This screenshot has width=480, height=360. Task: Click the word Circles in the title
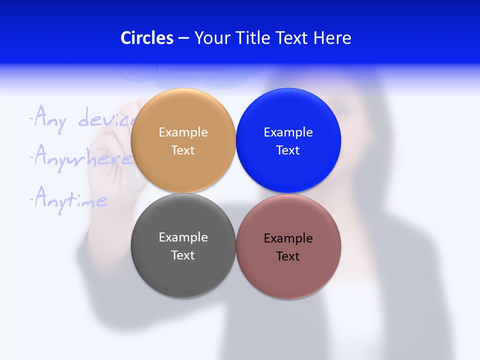pyautogui.click(x=146, y=38)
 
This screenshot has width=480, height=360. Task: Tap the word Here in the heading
pyautogui.click(x=332, y=38)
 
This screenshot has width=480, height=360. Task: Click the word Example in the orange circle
pyautogui.click(x=183, y=132)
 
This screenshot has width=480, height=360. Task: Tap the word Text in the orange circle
pyautogui.click(x=183, y=150)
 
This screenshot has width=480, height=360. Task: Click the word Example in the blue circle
pyautogui.click(x=288, y=132)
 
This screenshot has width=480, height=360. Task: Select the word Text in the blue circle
pyautogui.click(x=288, y=150)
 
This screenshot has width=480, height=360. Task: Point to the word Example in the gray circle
pyautogui.click(x=183, y=237)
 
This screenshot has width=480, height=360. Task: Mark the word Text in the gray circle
pyautogui.click(x=183, y=255)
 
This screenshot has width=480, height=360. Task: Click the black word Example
pyautogui.click(x=288, y=238)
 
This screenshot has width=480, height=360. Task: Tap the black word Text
pyautogui.click(x=288, y=256)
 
